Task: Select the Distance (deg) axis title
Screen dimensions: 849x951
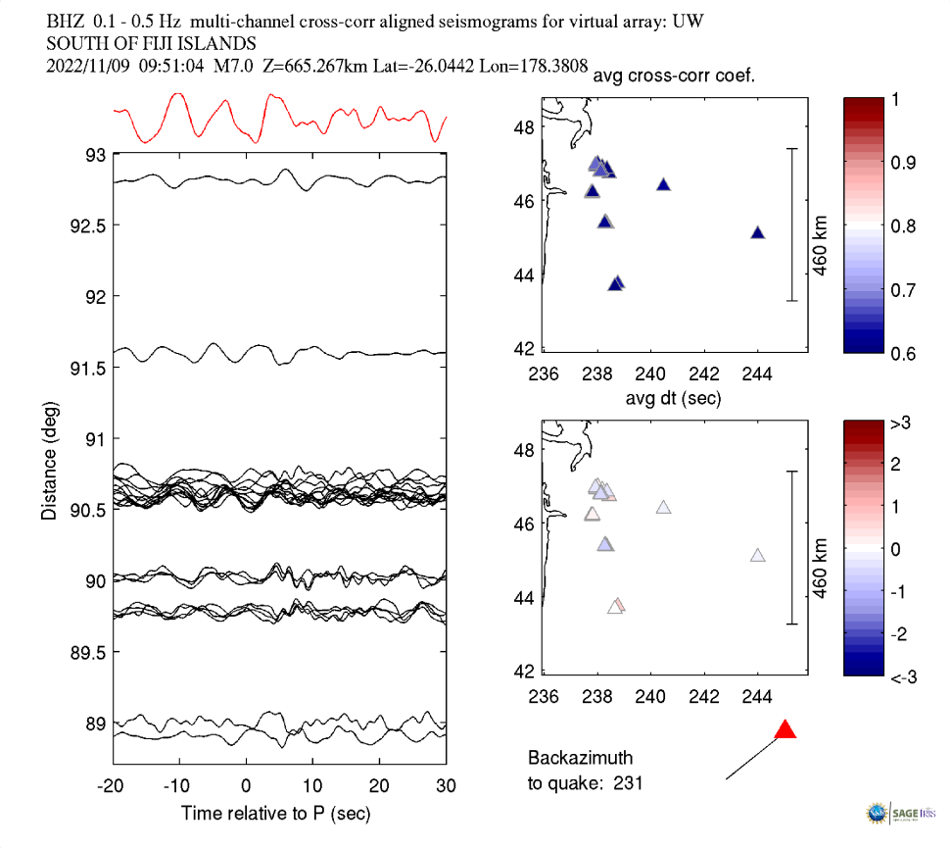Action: [x=49, y=460]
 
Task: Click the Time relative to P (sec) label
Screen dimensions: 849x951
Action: [x=275, y=814]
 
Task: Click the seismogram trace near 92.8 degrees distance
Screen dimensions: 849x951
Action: [x=279, y=178]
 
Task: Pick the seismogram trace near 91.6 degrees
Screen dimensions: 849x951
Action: [x=279, y=350]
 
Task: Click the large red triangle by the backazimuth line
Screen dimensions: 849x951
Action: [x=785, y=730]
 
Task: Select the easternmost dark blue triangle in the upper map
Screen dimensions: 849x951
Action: [x=757, y=232]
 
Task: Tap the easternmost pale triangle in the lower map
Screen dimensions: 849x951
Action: [x=757, y=556]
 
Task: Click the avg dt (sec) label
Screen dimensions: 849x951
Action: [x=675, y=398]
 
